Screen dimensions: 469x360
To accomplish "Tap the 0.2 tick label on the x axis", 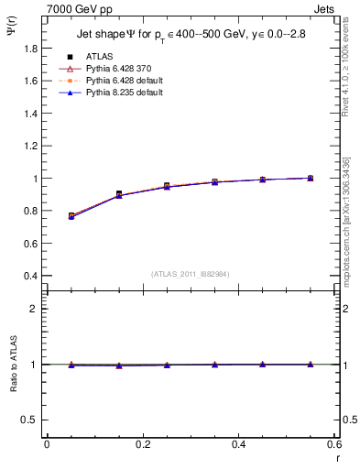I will tap(142, 445).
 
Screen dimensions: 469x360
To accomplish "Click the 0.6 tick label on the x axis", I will tap(333, 445).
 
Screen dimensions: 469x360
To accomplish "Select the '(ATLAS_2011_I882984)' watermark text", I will tap(190, 273).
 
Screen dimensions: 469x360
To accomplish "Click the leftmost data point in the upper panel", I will tap(71, 216).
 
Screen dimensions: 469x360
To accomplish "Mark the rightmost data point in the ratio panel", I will tap(311, 365).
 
